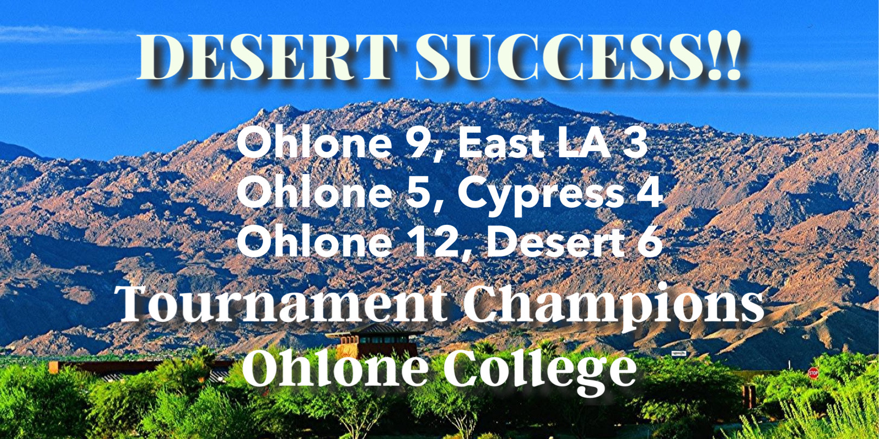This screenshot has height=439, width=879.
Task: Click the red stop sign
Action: click(813, 372)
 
